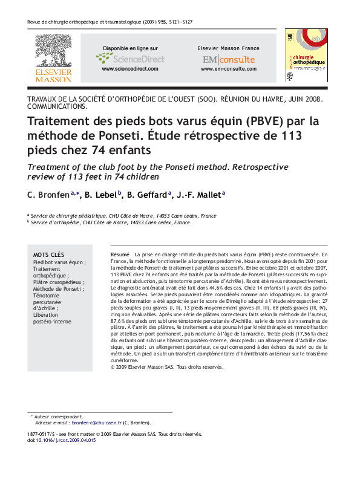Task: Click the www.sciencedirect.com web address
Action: click(130, 69)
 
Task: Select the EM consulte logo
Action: click(229, 60)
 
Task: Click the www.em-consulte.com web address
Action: click(229, 69)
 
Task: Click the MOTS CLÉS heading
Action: click(48, 255)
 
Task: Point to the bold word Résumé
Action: click(120, 255)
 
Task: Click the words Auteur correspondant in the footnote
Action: click(59, 417)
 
